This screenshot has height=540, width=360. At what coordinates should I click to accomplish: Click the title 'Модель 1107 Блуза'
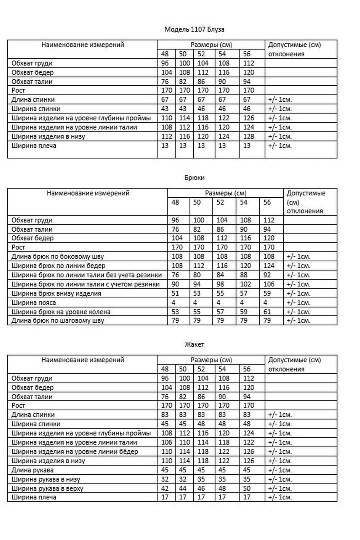tap(194, 29)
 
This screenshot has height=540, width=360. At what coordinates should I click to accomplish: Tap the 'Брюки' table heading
tap(194, 178)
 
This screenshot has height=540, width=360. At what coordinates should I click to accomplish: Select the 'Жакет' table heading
tap(194, 345)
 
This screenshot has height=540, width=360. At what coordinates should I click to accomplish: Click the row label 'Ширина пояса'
tap(34, 303)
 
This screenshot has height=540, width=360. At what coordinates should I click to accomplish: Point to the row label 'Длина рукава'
tap(32, 470)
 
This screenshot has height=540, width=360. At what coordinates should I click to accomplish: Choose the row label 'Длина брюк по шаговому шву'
tap(58, 321)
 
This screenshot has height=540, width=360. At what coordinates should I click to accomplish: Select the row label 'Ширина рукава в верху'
tap(48, 488)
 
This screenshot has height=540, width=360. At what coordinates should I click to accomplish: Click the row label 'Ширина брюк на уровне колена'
tap(61, 312)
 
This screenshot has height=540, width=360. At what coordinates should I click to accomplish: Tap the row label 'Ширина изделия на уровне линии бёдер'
tap(75, 452)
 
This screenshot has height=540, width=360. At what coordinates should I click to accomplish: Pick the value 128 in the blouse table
tap(248, 137)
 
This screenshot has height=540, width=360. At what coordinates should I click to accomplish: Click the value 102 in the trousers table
tap(245, 284)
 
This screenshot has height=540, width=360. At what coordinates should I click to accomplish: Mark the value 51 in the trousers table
tap(175, 293)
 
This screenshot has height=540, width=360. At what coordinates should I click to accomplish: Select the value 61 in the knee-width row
tap(267, 312)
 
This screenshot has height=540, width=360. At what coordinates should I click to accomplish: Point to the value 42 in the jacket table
tap(165, 488)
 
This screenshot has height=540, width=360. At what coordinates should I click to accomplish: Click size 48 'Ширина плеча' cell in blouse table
tap(165, 146)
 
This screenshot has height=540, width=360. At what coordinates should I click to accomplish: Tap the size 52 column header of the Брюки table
tap(220, 202)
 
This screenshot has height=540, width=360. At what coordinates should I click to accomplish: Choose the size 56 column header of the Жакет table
tap(247, 369)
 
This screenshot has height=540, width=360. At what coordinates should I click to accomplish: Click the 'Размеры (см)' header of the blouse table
tap(211, 45)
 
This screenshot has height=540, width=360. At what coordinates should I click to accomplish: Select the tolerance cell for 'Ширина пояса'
tap(298, 303)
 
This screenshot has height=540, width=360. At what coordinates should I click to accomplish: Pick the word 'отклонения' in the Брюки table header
tap(305, 211)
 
